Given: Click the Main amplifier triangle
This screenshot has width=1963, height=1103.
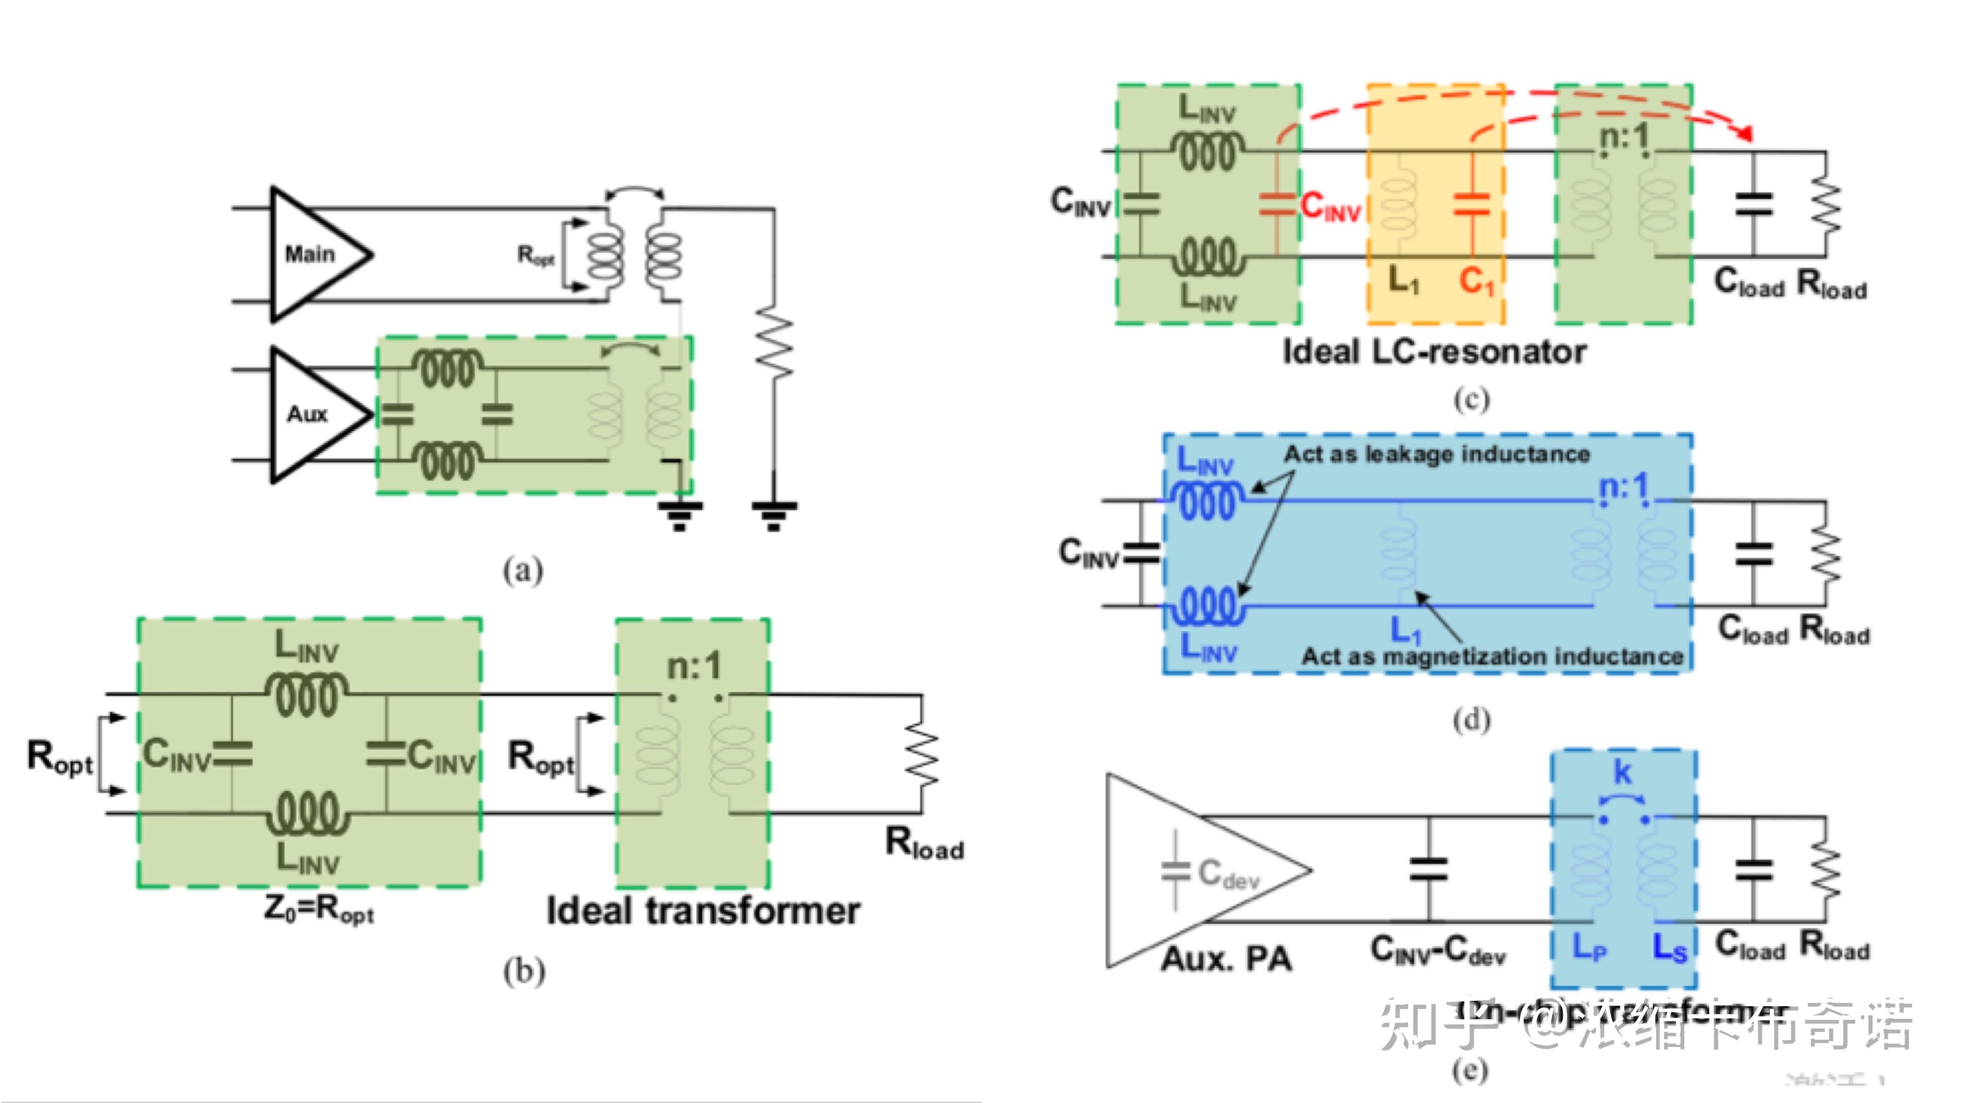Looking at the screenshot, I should click(313, 254).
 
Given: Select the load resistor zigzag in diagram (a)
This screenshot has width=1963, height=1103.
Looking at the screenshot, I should click(774, 343).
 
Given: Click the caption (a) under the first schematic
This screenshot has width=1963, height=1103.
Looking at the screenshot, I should click(523, 570).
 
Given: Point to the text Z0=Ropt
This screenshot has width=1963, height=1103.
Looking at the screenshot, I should click(318, 909).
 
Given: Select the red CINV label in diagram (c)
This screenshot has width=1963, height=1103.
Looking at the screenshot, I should click(1331, 206).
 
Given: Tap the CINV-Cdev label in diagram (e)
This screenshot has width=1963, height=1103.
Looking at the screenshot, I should click(1438, 952).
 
